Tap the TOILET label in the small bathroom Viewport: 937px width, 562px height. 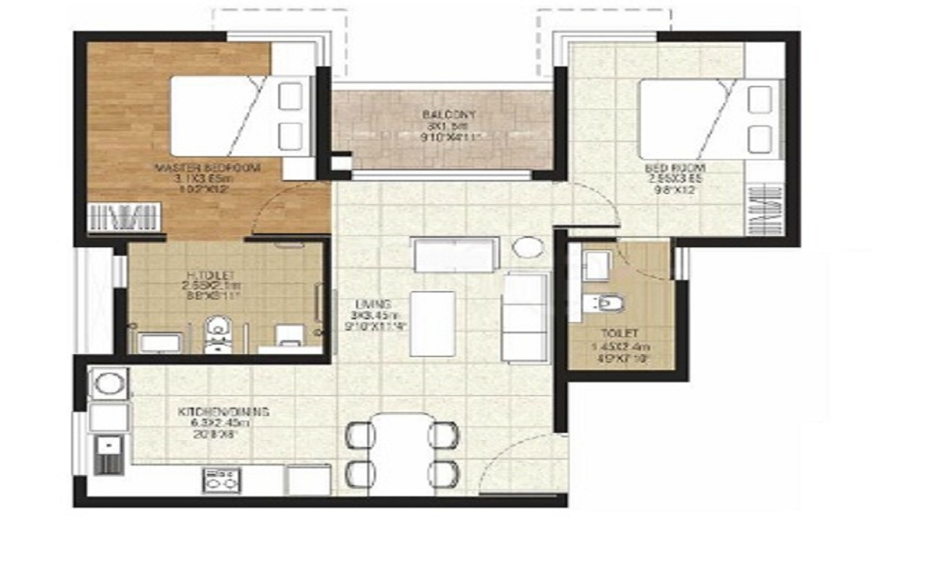click(617, 333)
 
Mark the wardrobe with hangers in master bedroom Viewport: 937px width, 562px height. click(122, 218)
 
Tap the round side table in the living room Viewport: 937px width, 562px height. click(528, 249)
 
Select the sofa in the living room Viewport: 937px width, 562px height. click(524, 317)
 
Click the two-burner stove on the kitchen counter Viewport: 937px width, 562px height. click(221, 481)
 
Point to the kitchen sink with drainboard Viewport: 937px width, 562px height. click(108, 455)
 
